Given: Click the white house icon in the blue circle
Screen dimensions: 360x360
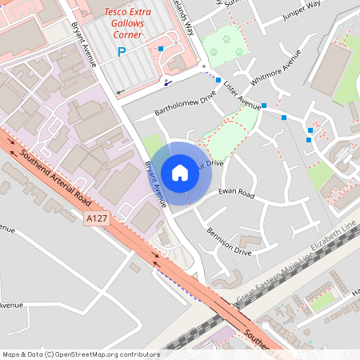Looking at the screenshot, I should pos(180,172).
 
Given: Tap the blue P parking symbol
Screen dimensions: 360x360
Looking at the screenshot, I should pos(122,53).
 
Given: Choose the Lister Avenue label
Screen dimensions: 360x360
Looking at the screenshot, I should pos(242,94).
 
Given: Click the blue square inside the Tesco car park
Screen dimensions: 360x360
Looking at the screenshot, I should pos(161,49).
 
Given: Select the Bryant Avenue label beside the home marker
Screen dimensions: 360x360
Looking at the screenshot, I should pos(154,183).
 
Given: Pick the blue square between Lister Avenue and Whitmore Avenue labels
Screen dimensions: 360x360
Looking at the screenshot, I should pos(264,105).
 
